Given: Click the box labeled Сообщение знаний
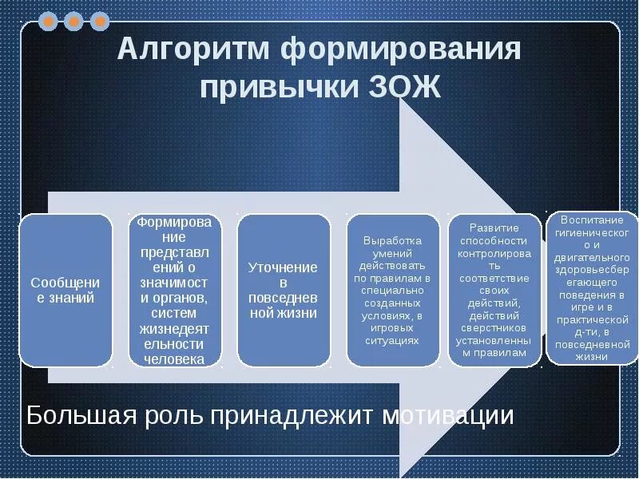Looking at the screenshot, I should (66, 291).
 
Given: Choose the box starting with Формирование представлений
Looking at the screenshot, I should (175, 291).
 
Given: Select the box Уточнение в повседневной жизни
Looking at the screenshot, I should (284, 291).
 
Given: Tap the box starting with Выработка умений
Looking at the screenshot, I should (392, 291).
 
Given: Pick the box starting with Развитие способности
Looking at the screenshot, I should (494, 291).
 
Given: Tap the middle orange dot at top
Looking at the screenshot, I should (74, 22).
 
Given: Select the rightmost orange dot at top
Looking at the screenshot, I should (100, 22).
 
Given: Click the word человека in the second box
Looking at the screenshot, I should (175, 359).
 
